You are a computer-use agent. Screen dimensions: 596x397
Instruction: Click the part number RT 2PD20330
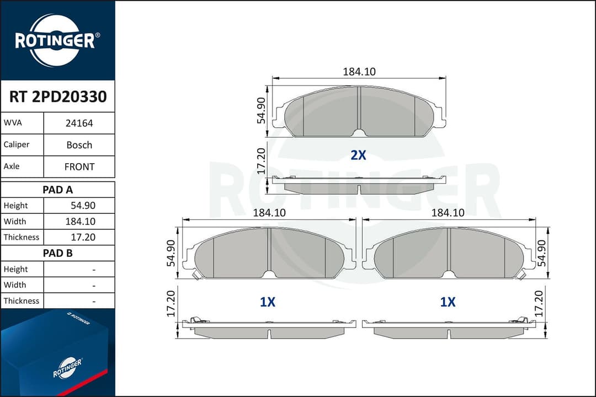tap(58, 96)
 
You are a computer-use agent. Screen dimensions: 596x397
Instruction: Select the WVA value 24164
tap(79, 123)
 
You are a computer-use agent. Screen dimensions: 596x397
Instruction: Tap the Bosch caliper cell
tap(79, 145)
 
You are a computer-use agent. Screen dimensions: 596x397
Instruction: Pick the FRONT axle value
tap(79, 167)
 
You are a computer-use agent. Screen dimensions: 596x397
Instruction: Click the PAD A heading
tap(57, 190)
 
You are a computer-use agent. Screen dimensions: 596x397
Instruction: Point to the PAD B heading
tap(57, 253)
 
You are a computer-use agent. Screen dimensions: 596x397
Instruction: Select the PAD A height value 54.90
tap(83, 206)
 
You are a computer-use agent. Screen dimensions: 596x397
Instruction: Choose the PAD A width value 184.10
tap(80, 222)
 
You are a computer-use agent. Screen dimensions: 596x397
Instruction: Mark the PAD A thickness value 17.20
tap(83, 237)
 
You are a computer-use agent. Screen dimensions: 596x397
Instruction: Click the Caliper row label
tap(17, 144)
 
